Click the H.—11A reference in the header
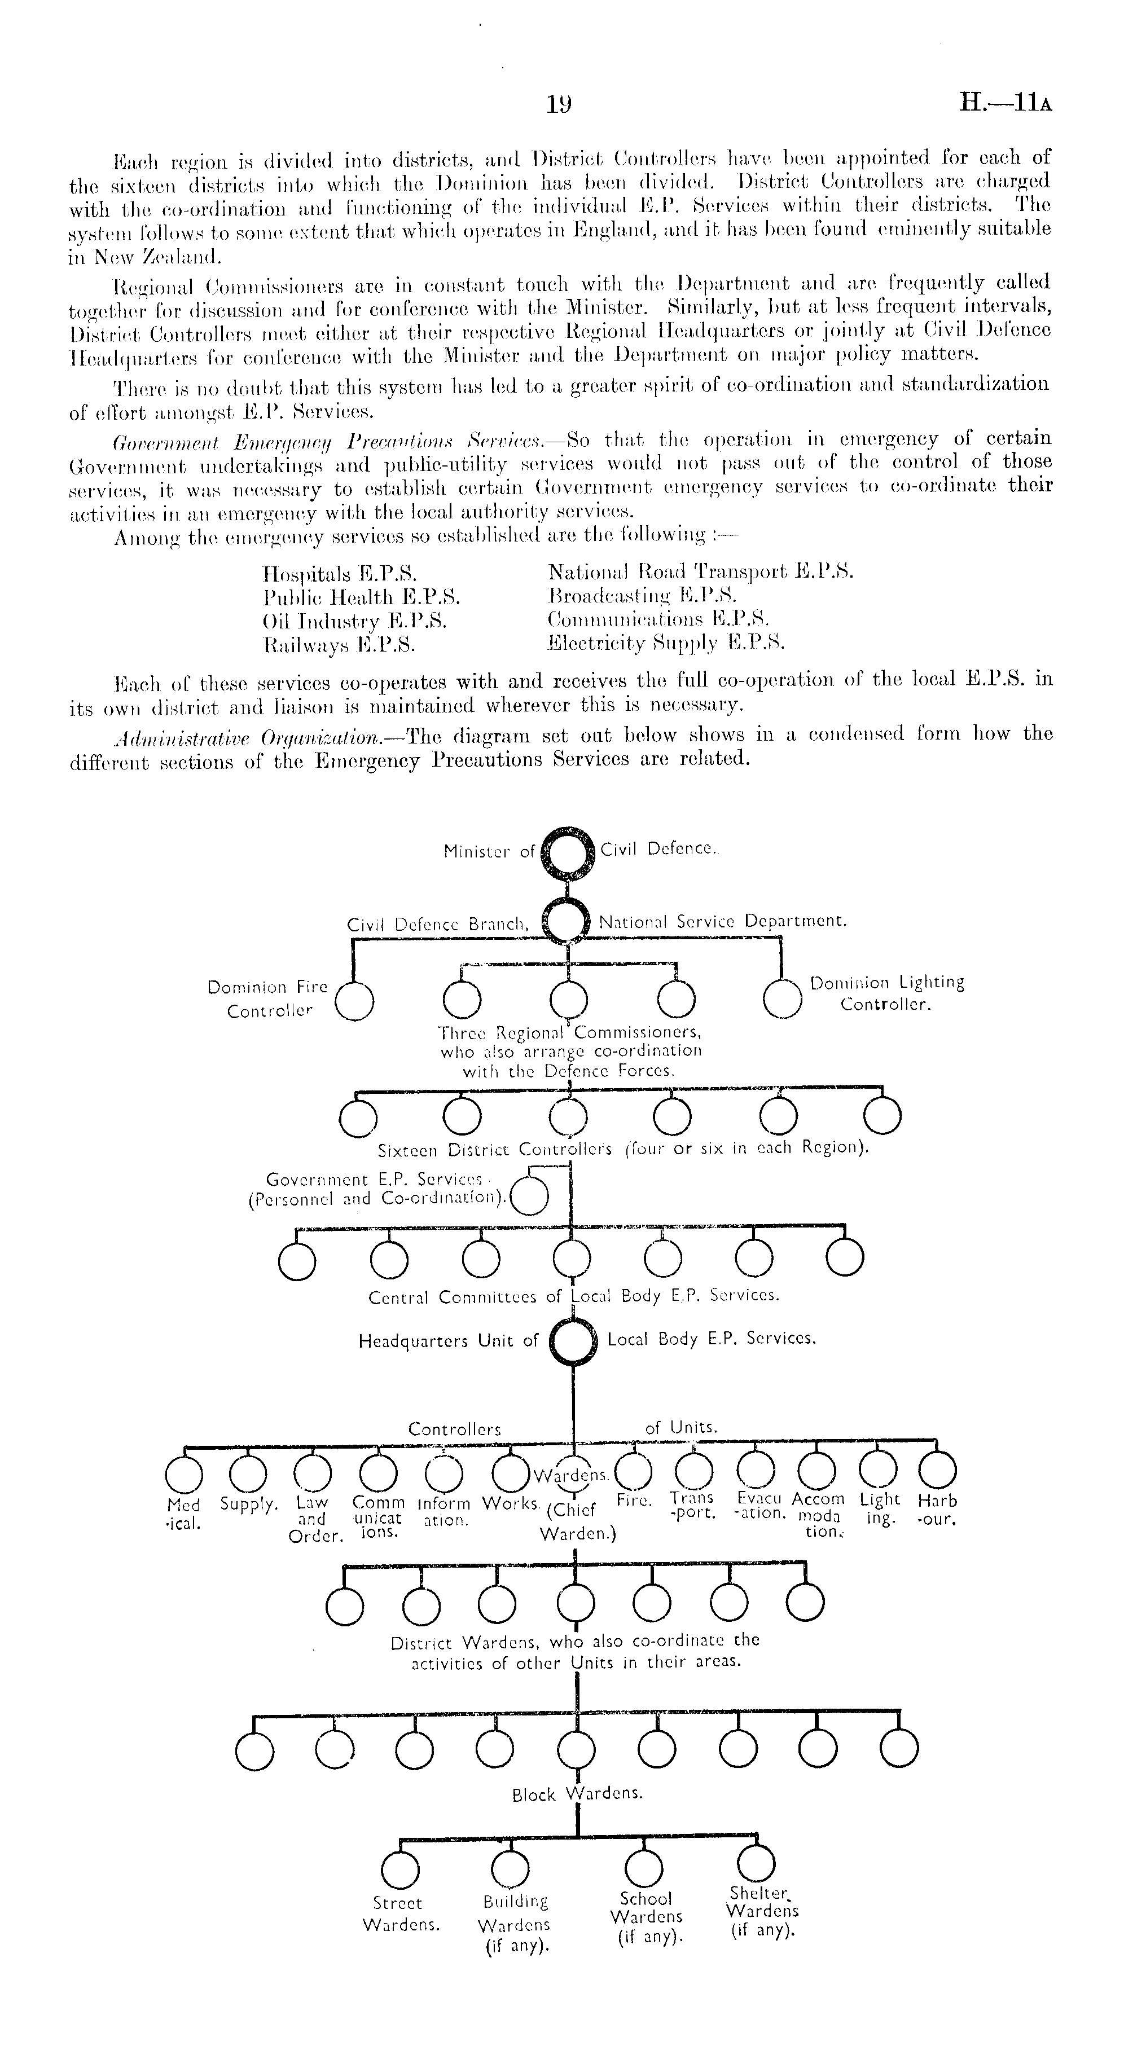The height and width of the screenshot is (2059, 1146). pos(1006,104)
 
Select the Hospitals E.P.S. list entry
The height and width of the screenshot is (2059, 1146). pos(340,574)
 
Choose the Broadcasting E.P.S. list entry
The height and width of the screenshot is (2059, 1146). pos(642,596)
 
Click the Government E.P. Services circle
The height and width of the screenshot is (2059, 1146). pos(529,1196)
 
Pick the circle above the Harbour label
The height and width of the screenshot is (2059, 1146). pos(937,1469)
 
